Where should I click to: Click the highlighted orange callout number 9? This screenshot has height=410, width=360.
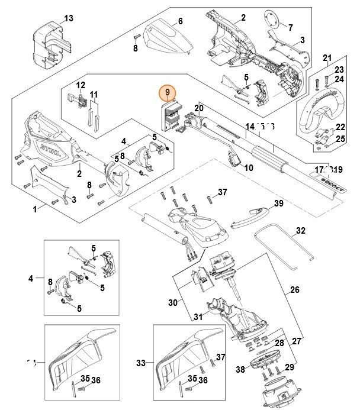[x=168, y=92]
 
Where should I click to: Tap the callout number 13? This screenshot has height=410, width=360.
[x=69, y=19]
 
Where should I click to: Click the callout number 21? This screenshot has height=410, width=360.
[x=326, y=57]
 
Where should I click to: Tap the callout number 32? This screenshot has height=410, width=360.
[x=300, y=231]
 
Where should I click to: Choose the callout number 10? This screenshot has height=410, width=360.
[x=248, y=168]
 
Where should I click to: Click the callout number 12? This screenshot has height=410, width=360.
[x=81, y=85]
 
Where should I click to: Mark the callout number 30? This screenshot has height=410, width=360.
[x=173, y=303]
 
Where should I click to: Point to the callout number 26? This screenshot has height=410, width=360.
[x=294, y=290]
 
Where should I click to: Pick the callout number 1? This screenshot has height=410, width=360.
[x=35, y=208]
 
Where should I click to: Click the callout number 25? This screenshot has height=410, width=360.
[x=339, y=138]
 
